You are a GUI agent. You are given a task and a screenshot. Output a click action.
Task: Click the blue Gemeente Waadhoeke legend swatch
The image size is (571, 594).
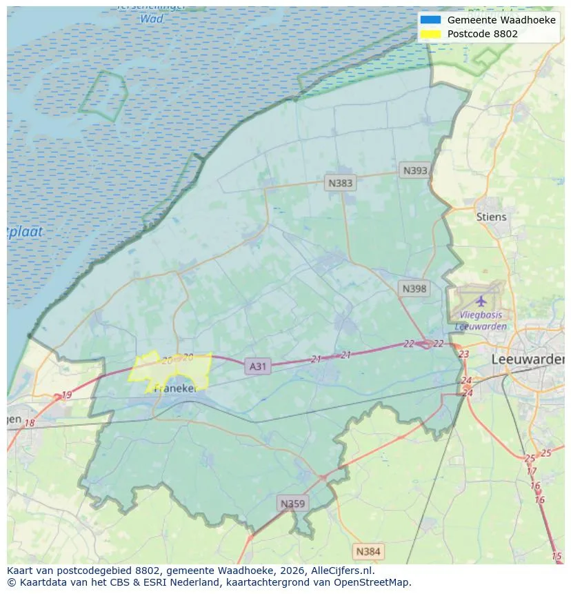point(430,20)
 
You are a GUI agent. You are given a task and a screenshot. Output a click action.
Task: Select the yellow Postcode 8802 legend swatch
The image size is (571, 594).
point(430,33)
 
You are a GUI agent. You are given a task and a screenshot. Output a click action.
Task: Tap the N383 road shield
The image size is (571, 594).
point(340,183)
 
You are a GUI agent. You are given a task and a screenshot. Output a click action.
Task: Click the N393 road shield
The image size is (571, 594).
point(415,170)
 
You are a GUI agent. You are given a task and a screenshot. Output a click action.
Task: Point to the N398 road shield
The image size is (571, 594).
point(414,289)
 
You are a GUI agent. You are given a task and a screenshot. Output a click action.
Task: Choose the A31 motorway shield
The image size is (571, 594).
point(257,366)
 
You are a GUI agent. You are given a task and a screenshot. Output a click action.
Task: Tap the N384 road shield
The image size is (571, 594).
point(368,551)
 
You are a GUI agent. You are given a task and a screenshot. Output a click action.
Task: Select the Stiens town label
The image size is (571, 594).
point(491,217)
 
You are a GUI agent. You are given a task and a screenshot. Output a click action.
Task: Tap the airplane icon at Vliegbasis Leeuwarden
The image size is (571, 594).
point(481,301)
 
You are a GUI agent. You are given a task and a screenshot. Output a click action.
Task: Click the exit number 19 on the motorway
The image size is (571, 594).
point(66,395)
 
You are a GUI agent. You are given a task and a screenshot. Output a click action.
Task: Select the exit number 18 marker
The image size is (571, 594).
point(30,423)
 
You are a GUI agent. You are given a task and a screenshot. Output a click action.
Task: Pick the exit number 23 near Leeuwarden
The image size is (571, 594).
point(463,354)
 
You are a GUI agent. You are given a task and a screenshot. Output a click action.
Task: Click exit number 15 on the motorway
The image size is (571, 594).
point(557,556)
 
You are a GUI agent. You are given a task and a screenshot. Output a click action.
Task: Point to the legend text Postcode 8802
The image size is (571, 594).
point(482,33)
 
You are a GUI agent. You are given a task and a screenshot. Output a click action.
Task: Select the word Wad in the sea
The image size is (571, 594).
point(152,19)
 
